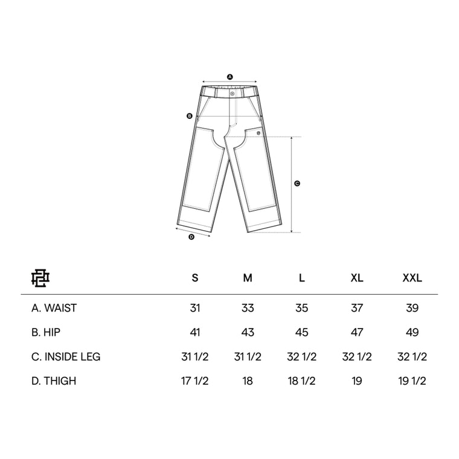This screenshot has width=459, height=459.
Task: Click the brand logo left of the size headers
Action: pos(41,278)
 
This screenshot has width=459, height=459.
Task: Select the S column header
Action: pos(194,278)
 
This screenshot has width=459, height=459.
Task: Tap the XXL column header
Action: pos(412,278)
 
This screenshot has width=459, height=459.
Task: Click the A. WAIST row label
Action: pos(54,308)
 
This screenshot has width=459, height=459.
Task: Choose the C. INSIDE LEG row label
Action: pos(66,356)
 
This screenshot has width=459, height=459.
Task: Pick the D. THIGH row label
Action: pos(54,381)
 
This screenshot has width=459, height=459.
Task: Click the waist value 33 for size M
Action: pos(248,308)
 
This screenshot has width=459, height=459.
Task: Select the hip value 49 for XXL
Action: pos(412,332)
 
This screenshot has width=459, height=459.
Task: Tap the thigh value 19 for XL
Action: pos(357,381)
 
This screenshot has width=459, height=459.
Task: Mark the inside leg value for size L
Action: pos(303,356)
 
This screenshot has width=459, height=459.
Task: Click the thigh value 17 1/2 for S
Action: pos(194,381)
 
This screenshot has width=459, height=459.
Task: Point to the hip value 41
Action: pos(194,332)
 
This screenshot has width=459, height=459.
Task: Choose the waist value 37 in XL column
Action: pos(357,308)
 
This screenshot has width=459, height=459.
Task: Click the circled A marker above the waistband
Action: pos(230,77)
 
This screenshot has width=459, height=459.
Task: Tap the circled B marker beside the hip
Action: pos(189,116)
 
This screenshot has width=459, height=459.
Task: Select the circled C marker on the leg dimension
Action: pos(297,184)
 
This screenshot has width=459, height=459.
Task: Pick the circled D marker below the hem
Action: pos(191,237)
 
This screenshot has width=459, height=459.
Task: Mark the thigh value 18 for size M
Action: pos(248,381)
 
